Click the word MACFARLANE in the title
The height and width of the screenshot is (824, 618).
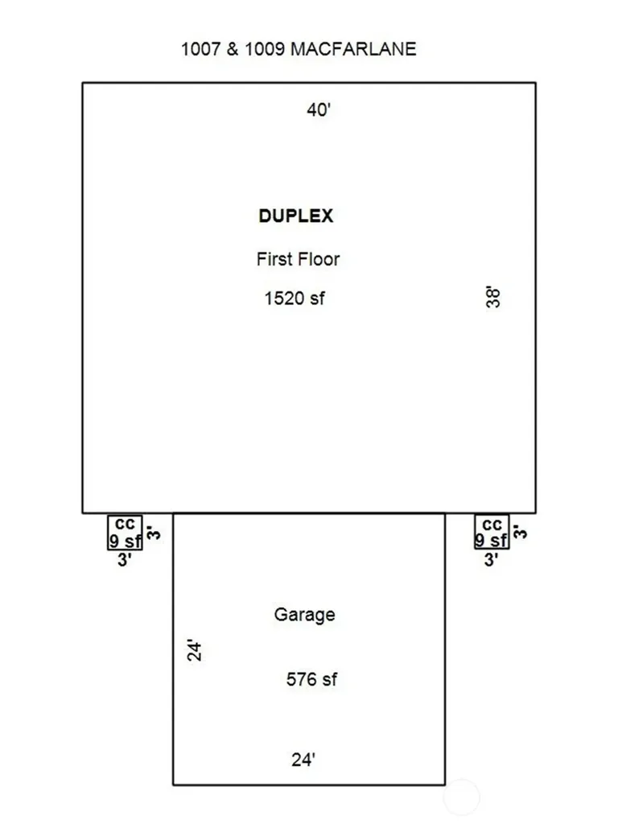click(x=353, y=49)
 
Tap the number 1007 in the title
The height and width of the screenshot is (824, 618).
click(x=200, y=49)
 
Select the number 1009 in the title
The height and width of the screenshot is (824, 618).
click(x=264, y=49)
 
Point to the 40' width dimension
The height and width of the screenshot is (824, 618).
click(x=319, y=109)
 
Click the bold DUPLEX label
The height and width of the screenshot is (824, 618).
click(x=296, y=216)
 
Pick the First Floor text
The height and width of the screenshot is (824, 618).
click(x=298, y=258)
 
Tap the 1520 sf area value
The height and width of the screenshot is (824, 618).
click(x=295, y=298)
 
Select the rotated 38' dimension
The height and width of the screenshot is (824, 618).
click(x=493, y=297)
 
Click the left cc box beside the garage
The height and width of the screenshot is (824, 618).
click(x=125, y=533)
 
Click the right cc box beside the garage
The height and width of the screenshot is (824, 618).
click(x=492, y=532)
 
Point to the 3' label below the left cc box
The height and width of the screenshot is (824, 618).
click(x=124, y=560)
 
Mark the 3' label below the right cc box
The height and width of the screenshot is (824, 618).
click(x=491, y=560)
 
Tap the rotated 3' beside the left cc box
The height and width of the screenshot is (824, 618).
click(x=153, y=533)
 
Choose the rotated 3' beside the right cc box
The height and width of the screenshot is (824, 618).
click(x=520, y=532)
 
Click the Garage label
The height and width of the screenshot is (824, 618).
click(x=304, y=614)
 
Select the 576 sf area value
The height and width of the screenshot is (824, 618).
click(x=311, y=679)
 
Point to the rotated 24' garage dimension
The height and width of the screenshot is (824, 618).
click(x=195, y=650)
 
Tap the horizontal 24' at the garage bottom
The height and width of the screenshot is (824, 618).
click(x=303, y=760)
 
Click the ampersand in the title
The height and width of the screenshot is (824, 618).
click(x=233, y=49)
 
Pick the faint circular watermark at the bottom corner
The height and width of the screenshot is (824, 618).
click(x=461, y=797)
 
